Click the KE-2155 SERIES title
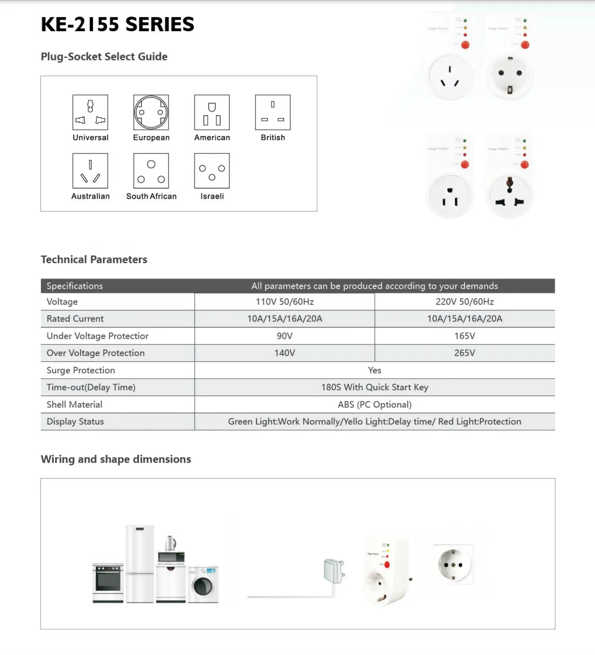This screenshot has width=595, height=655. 117,24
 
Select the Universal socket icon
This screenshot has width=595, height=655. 90,112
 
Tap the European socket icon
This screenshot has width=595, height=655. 151,112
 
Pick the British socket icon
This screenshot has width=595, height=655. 273,112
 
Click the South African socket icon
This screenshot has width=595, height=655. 151,171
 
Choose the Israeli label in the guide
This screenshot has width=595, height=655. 212,196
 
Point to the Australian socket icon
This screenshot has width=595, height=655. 90,171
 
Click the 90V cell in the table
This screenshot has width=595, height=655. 284,336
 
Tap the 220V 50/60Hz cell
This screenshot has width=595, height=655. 465,302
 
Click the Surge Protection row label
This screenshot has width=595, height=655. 81,370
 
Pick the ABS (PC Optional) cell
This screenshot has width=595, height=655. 374,404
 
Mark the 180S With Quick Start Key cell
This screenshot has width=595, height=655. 374,387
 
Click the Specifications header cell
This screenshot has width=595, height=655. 75,286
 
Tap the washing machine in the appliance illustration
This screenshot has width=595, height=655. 203,584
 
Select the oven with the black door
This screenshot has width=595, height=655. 108,583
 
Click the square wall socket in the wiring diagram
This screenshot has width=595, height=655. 453,564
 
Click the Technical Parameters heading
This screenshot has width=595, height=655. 94,260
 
